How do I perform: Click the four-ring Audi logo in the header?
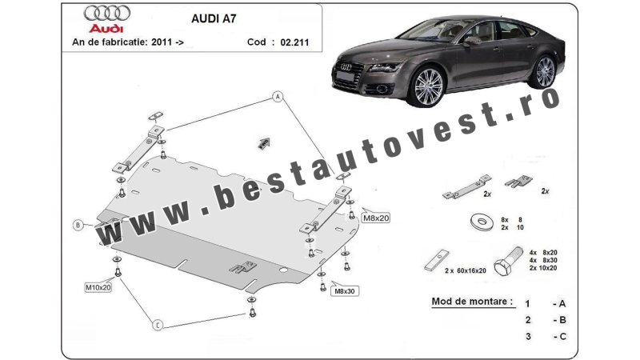(107, 14)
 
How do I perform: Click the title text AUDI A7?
(214, 18)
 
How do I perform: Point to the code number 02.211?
(294, 42)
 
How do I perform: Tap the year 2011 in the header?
(162, 42)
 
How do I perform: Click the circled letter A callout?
(278, 97)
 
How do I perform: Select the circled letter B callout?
(78, 225)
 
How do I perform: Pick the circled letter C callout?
(158, 325)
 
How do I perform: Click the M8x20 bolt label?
(376, 218)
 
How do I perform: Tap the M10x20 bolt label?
(98, 287)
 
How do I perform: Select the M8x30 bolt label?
(345, 291)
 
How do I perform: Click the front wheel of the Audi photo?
(428, 87)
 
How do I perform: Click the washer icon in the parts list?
(482, 222)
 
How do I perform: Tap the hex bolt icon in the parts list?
(509, 261)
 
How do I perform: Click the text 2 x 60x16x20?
(466, 270)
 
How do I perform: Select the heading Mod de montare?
(472, 302)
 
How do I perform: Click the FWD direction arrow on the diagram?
(264, 143)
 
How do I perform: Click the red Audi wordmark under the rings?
(106, 29)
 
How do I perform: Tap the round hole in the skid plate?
(283, 270)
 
